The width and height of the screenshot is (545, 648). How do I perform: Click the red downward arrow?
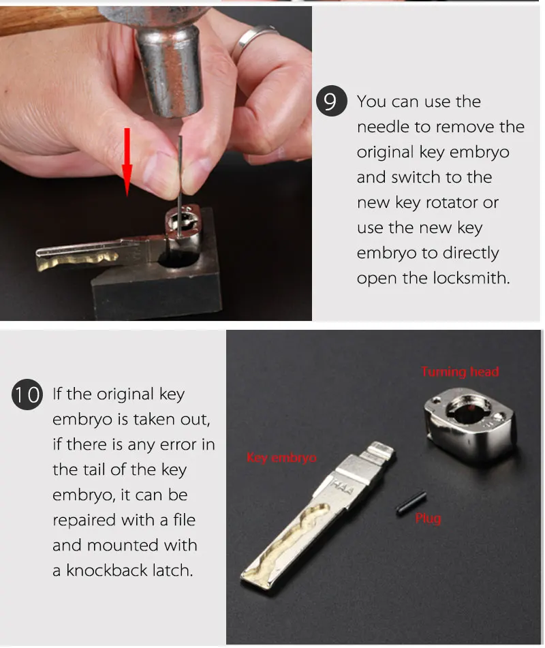tap(127, 162)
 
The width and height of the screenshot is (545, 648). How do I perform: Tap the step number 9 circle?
tap(331, 101)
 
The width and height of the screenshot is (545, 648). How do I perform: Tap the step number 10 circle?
tap(27, 395)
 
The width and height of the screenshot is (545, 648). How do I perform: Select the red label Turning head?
tap(460, 371)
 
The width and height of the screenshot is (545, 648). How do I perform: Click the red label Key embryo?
tap(281, 457)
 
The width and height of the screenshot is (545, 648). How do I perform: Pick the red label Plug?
tap(428, 518)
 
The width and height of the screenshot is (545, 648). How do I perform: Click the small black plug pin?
tap(411, 503)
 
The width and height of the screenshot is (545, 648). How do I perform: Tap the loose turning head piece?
tap(470, 422)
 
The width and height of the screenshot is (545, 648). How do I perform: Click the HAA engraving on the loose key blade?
tap(342, 486)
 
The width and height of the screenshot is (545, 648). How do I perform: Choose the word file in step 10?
tap(185, 519)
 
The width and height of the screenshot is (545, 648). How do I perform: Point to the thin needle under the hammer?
tap(180, 186)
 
